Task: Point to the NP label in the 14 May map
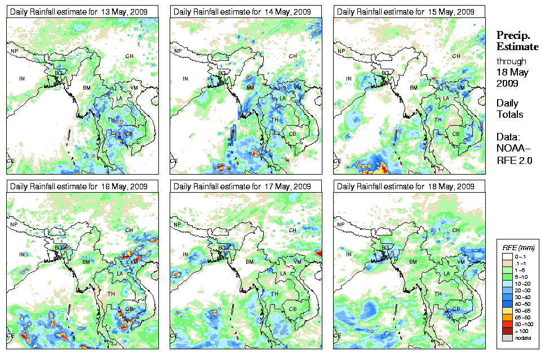pyautogui.click(x=178, y=51)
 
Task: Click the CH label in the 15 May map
pyautogui.click(x=456, y=56)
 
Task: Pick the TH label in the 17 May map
pyautogui.click(x=274, y=294)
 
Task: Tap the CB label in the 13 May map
pyautogui.click(x=129, y=134)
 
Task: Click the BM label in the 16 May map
pyautogui.click(x=86, y=262)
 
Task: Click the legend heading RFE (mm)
pyautogui.click(x=518, y=247)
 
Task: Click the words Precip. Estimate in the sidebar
pyautogui.click(x=517, y=41)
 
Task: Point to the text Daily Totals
pyautogui.click(x=509, y=109)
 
